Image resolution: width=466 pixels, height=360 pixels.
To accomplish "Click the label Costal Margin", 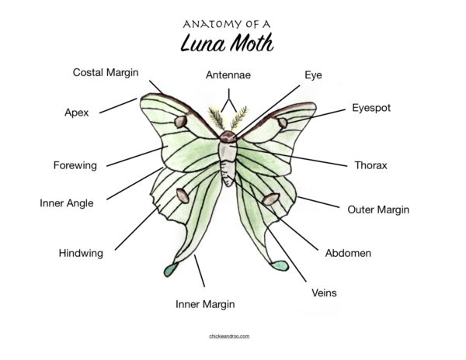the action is tap(106, 72).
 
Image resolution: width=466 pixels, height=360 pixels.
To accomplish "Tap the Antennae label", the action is tap(228, 74).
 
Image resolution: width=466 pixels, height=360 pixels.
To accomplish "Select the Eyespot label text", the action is tap(371, 108).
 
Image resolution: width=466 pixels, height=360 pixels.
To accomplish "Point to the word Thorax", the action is tap(371, 165).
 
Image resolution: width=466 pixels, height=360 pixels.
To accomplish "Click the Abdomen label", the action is tap(348, 253).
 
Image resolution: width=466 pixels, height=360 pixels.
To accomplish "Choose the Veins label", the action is tap(324, 293).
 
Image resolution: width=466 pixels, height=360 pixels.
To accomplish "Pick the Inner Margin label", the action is tap(205, 304).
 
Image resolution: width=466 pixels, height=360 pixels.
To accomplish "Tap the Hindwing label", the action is tap(81, 253).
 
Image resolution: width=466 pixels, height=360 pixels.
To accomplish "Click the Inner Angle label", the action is tap(67, 203).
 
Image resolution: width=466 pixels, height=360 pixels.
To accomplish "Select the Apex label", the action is tap(77, 112).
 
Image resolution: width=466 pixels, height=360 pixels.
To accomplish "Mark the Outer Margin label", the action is tap(378, 209).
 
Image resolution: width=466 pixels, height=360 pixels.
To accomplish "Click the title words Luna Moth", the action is tap(227, 43).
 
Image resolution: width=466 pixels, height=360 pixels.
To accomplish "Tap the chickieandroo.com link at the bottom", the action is tap(229, 336).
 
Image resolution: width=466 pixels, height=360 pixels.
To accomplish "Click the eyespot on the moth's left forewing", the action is tap(181, 122).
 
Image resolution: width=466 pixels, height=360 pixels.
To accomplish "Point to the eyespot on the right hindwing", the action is tap(271, 199).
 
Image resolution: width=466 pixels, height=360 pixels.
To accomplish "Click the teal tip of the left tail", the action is tap(171, 269).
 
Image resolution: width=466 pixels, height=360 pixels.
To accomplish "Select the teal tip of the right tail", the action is tap(280, 265).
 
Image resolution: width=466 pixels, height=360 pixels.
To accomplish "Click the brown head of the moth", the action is tap(228, 137).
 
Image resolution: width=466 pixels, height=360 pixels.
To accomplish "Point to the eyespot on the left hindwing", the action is tap(183, 196).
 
